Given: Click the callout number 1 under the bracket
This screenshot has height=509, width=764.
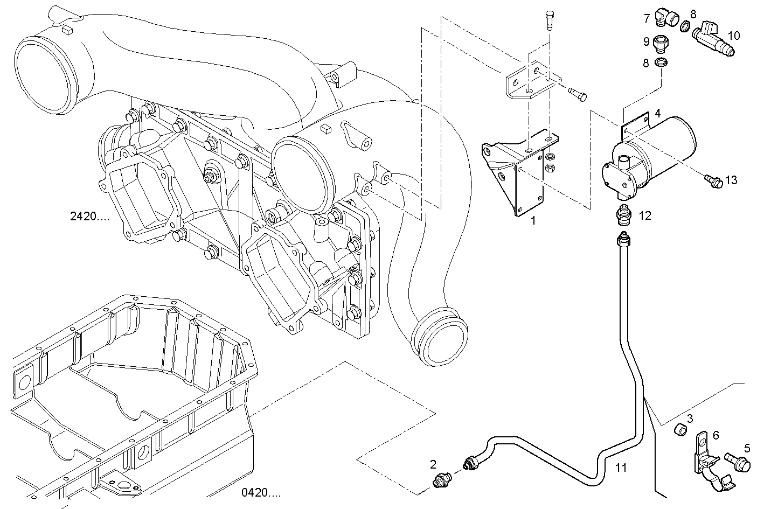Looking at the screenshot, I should click(533, 220).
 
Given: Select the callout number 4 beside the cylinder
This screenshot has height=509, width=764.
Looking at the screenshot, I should click(657, 114).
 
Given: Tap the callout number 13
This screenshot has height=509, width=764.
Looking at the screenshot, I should click(731, 180).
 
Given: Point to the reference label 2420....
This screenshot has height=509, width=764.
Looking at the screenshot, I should click(90, 217).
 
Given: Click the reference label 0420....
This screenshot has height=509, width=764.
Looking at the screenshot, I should click(261, 492).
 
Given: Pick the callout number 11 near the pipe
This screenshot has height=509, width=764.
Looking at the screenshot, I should click(621, 468).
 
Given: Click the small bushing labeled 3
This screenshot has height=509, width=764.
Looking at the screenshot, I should click(681, 430).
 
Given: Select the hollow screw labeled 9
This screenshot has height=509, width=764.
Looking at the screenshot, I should click(660, 42).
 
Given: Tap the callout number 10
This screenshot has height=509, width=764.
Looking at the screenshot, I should click(734, 36).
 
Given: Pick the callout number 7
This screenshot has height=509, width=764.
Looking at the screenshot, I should click(647, 18).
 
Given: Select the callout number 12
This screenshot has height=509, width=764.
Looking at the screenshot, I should click(645, 216).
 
